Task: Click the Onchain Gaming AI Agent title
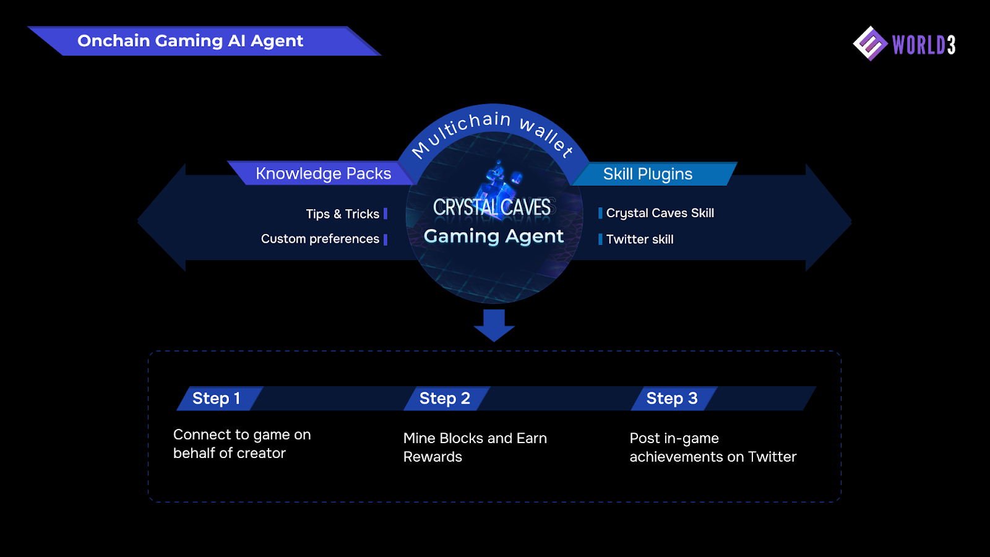(190, 41)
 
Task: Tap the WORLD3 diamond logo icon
(870, 43)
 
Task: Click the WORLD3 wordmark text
(924, 45)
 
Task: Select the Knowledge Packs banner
(323, 173)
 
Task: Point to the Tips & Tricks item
(343, 214)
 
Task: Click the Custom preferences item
(320, 239)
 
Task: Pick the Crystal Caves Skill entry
(660, 213)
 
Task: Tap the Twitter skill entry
(640, 239)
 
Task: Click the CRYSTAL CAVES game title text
(492, 207)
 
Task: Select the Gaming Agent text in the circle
(494, 236)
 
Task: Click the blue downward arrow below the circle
(494, 326)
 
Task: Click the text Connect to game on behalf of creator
(242, 444)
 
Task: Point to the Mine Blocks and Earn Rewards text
(475, 447)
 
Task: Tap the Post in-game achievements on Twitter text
(713, 447)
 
